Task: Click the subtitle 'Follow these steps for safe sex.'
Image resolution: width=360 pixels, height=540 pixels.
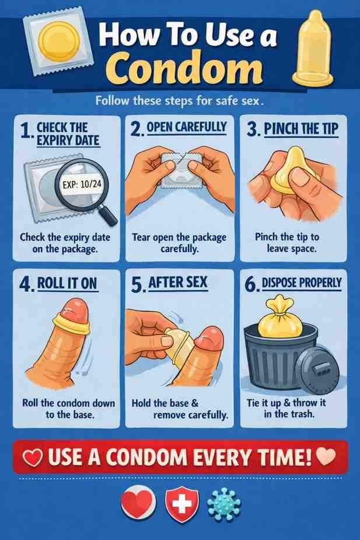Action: tap(180, 100)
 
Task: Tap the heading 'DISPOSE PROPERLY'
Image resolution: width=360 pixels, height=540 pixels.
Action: tap(301, 284)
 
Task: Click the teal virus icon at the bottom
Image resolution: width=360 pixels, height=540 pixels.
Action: tap(224, 503)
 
